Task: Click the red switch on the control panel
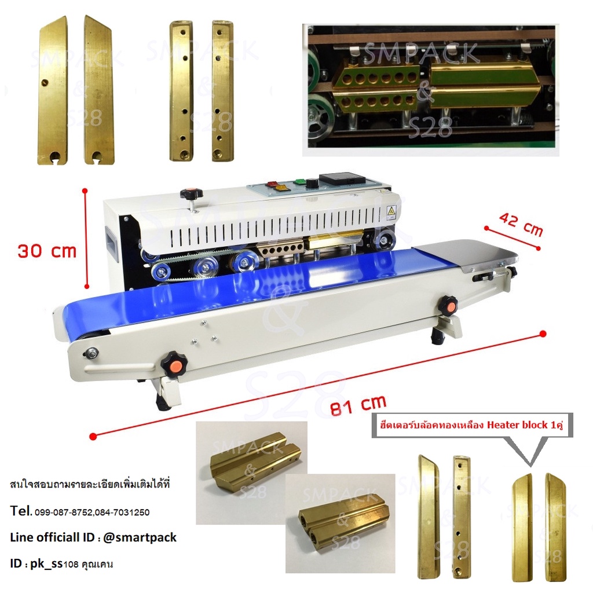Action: (272, 184)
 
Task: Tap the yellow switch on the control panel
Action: (282, 187)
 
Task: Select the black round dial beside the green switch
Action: (312, 184)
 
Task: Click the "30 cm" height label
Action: (47, 251)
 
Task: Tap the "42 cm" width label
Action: (521, 224)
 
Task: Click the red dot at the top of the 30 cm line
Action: (85, 191)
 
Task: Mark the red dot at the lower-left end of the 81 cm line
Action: (93, 437)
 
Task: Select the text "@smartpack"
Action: (140, 537)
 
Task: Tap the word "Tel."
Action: (21, 511)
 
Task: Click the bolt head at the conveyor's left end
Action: (91, 353)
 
